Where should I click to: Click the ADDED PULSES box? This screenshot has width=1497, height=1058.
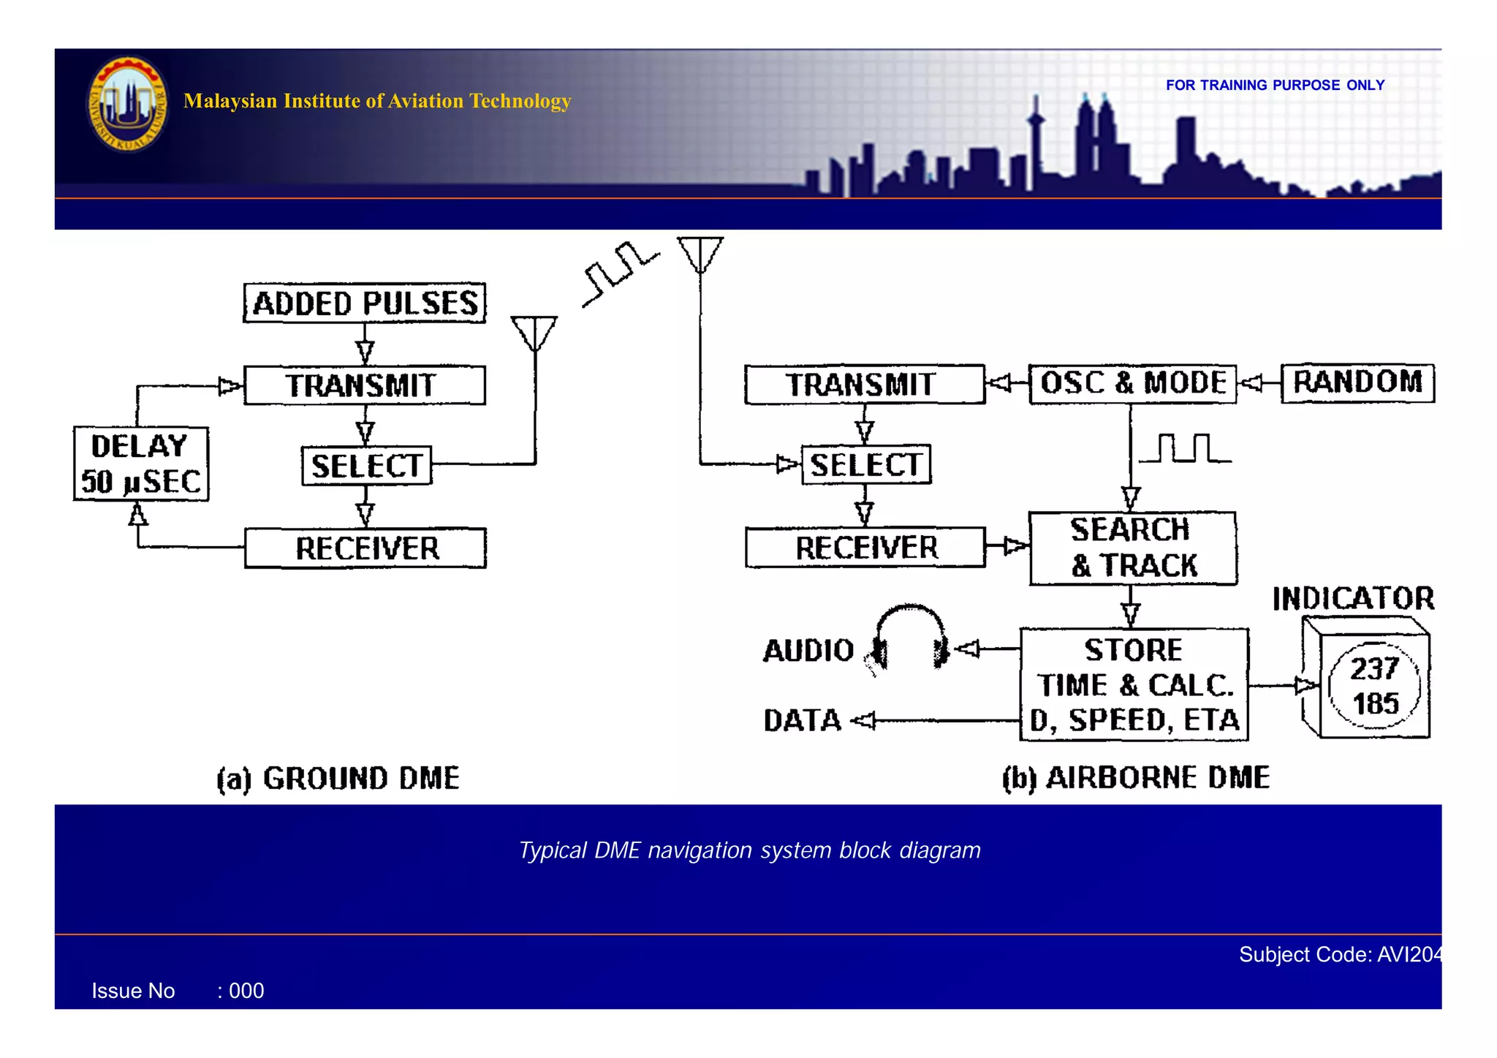[x=364, y=303]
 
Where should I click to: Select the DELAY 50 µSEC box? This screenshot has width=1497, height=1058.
[x=141, y=464]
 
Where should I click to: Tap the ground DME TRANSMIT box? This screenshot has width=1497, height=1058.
[x=364, y=385]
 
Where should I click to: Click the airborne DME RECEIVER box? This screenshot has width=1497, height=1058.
[x=865, y=548]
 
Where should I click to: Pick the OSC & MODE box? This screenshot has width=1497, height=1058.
[x=1132, y=383]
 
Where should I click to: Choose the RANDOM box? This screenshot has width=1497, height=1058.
[x=1357, y=382]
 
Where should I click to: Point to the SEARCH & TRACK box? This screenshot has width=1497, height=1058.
[x=1133, y=548]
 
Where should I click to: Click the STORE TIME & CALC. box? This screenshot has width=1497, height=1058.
[x=1134, y=684]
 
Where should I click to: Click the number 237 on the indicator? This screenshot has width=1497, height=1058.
[x=1374, y=668]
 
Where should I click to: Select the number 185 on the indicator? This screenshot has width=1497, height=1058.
[x=1376, y=703]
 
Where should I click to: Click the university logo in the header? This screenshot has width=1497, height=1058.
[x=127, y=104]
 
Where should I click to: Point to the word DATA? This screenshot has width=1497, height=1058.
[x=803, y=720]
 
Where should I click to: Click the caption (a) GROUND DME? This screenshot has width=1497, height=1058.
[x=338, y=778]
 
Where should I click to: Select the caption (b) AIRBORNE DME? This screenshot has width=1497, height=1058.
[x=1136, y=777]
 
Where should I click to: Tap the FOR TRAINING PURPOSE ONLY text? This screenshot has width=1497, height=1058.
[x=1275, y=85]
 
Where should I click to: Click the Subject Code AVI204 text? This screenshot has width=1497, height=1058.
[x=1339, y=954]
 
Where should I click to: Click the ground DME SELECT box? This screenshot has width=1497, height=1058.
[x=366, y=466]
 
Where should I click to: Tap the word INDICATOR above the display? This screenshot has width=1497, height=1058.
[x=1353, y=599]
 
